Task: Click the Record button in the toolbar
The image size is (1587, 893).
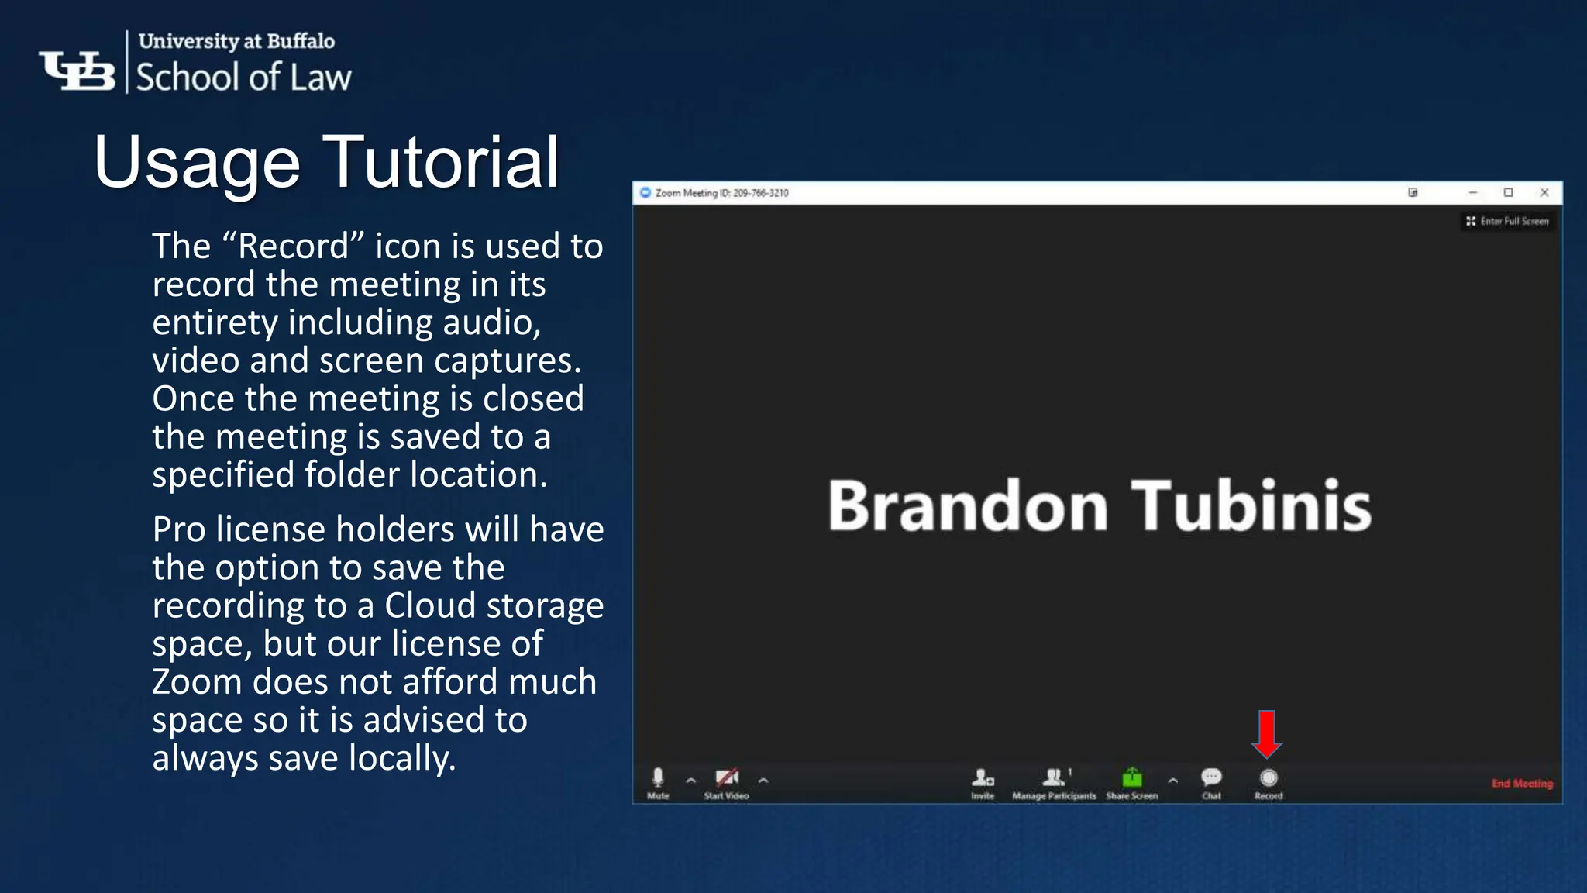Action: (1269, 778)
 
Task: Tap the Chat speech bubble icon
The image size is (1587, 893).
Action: (1211, 777)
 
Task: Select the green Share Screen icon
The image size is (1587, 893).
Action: (1132, 777)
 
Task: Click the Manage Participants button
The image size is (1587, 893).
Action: (1054, 778)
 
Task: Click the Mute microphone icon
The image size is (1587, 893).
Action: (658, 777)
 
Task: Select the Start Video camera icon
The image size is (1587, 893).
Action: (726, 777)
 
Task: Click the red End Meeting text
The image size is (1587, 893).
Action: (1522, 784)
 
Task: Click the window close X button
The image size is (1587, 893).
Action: (1544, 192)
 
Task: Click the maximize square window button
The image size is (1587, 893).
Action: (1508, 192)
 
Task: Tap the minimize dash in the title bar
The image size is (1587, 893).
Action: (1472, 192)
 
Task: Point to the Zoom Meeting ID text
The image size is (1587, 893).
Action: (721, 193)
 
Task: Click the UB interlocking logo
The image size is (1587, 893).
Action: (77, 71)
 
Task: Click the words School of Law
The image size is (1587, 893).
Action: (243, 78)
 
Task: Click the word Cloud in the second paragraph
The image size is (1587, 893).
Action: (429, 605)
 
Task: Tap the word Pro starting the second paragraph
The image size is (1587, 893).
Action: (179, 529)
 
